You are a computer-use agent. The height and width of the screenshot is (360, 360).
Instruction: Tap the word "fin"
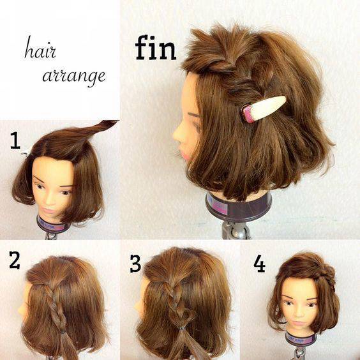[156, 48]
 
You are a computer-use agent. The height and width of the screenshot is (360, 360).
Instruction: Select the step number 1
[15, 142]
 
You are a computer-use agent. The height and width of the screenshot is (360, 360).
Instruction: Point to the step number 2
[15, 260]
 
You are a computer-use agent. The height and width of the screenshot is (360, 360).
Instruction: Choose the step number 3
[135, 264]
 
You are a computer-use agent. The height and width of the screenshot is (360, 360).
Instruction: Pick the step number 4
[259, 264]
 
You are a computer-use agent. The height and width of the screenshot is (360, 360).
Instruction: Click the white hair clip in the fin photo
[264, 109]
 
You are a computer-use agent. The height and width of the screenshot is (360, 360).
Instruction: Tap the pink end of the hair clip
[248, 114]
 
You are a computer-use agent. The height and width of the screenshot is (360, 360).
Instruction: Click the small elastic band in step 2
[62, 332]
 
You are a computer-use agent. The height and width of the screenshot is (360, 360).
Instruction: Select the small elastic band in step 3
[182, 329]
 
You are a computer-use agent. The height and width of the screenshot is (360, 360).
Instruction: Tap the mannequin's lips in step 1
[48, 210]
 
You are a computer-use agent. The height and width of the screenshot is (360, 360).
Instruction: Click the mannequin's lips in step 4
[299, 323]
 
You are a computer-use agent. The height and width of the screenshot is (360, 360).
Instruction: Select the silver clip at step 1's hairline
[26, 153]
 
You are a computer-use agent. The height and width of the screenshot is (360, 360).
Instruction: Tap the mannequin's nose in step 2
[20, 310]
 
